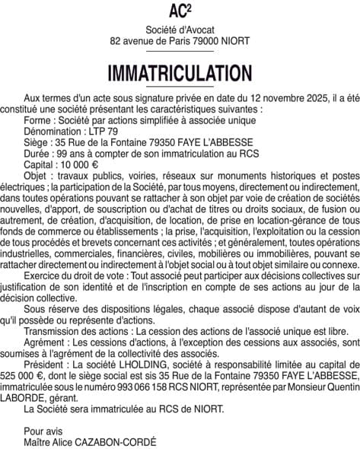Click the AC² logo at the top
(180, 11)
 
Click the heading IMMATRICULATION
(180, 73)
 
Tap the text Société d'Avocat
(180, 29)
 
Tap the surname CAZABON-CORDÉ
(116, 441)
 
